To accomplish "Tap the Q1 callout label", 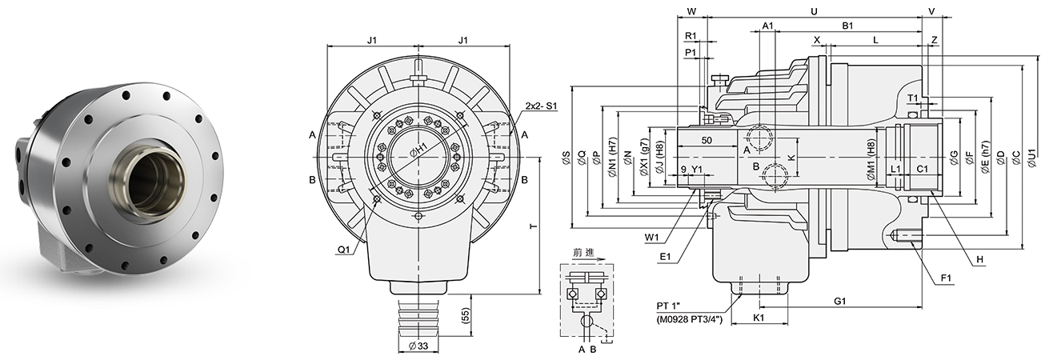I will point(343,250).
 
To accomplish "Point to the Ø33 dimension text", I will point(420,346).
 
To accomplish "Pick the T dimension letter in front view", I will point(534,227).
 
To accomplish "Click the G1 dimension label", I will point(839,301).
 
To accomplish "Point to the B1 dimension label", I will point(847,26).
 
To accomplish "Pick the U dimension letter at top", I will point(814,11).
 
